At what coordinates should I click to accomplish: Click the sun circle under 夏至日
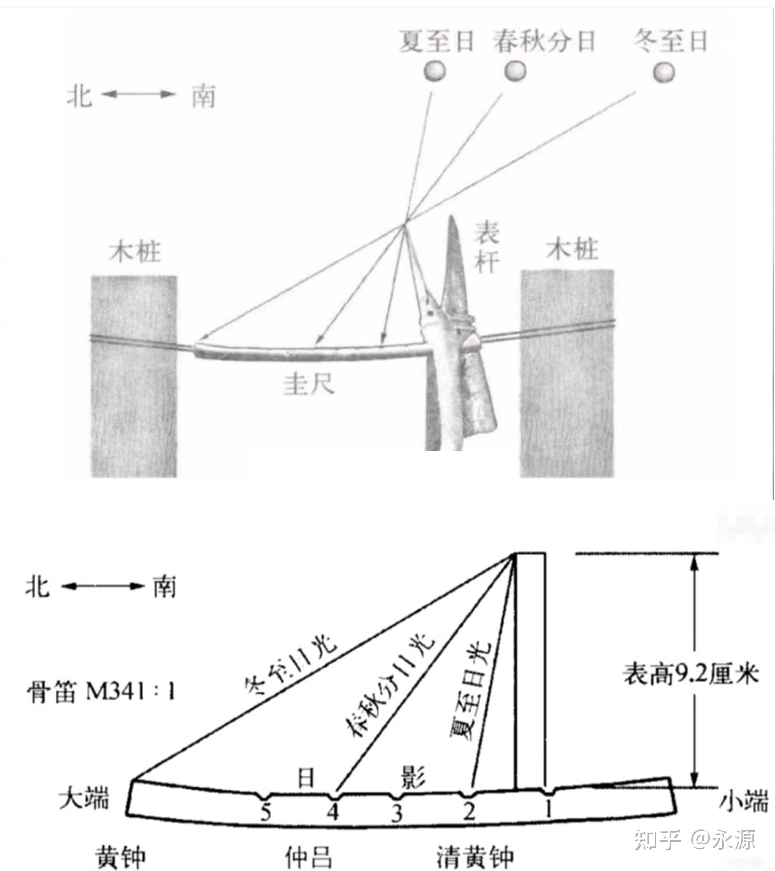[x=434, y=71]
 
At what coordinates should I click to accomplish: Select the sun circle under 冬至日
[x=664, y=72]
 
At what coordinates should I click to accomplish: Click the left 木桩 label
[x=135, y=252]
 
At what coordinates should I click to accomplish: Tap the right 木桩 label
[x=572, y=249]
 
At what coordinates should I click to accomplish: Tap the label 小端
[x=744, y=802]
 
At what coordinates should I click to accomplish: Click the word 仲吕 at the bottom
[x=308, y=857]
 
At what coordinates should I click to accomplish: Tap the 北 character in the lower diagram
[x=38, y=587]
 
